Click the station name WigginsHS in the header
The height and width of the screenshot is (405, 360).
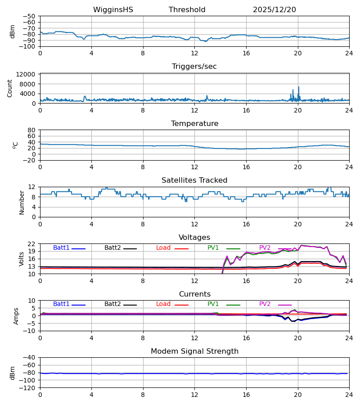[x=113, y=10]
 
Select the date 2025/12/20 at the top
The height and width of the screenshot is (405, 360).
[x=274, y=10]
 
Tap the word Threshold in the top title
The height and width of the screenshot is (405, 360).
[x=187, y=10]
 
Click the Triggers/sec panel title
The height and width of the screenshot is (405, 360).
[x=194, y=67]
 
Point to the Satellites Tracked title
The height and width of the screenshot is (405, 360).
[x=194, y=180]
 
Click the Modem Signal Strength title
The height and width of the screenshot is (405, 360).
[x=194, y=351]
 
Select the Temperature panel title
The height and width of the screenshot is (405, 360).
[x=194, y=124]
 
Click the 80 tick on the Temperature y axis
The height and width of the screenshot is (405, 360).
[x=31, y=130]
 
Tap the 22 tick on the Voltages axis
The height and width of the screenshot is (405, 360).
[x=31, y=244]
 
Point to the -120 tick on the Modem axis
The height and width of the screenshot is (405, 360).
[x=28, y=387]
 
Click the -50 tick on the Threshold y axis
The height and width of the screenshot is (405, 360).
[x=30, y=16]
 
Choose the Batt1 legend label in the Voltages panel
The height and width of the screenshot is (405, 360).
[x=61, y=248]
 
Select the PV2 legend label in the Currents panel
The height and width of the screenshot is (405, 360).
[x=265, y=304]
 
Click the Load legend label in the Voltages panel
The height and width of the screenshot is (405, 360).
[x=164, y=248]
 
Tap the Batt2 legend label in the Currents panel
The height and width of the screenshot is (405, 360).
[x=112, y=304]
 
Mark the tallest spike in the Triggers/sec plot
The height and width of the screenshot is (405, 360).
[x=298, y=87]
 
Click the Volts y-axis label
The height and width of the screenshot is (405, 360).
[x=22, y=259]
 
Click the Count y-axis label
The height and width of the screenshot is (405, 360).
[x=10, y=88]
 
